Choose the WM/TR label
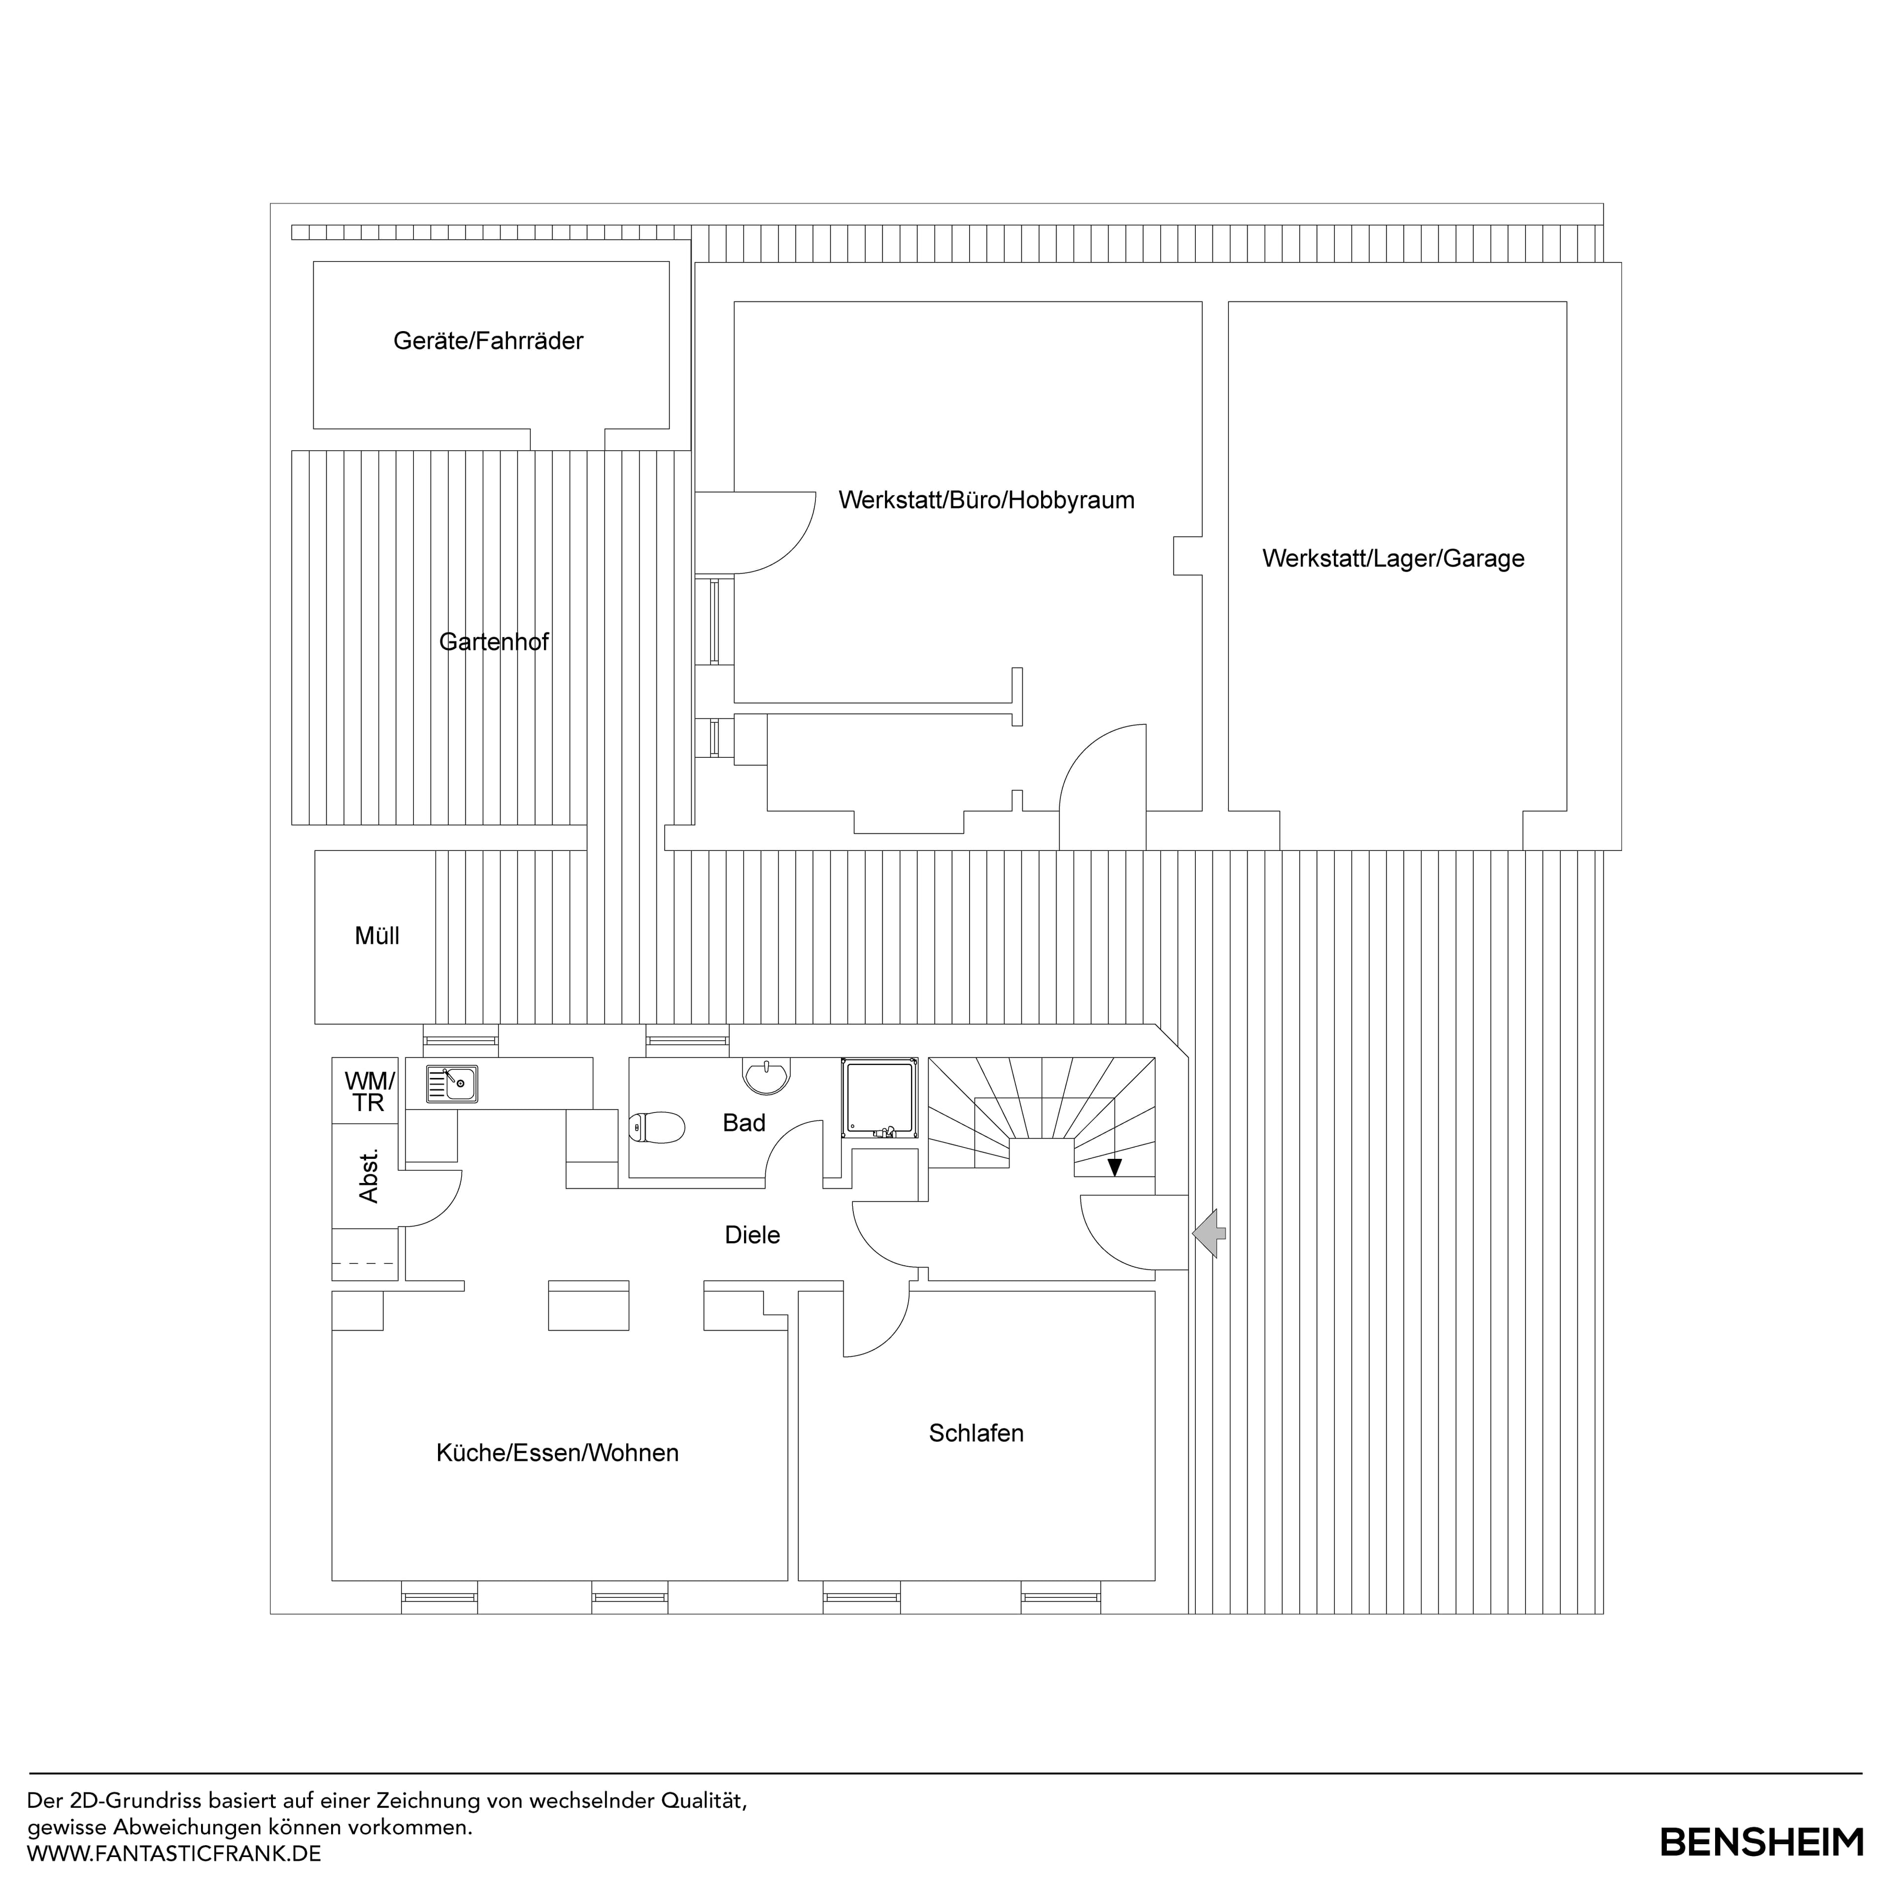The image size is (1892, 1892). pos(369,1092)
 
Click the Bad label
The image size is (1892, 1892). pos(743,1123)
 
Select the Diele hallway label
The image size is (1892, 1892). pos(752,1235)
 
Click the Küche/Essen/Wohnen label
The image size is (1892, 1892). pos(557,1453)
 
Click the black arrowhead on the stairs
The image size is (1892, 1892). pos(1115,1166)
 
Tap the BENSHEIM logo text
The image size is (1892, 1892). pos(1761,1842)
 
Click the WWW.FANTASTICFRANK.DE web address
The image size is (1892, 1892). pos(174,1854)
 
